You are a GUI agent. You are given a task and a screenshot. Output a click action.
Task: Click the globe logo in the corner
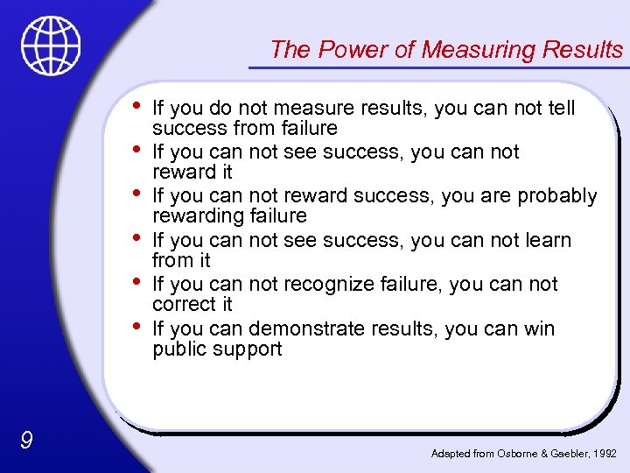click(52, 45)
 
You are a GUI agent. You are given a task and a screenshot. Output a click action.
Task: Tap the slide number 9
click(26, 440)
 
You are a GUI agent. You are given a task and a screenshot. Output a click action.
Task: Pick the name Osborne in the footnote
click(516, 453)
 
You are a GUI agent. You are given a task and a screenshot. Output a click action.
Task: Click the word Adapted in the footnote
click(451, 453)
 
